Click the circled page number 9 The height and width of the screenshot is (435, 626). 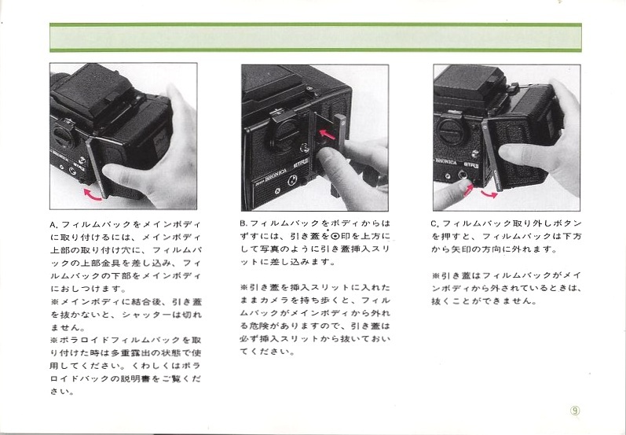tap(575, 411)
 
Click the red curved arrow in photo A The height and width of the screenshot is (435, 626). tap(92, 196)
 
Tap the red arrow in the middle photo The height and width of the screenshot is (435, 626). tap(328, 135)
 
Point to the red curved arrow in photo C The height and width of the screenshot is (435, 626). tap(489, 194)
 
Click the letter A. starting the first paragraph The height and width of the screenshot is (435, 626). tap(54, 225)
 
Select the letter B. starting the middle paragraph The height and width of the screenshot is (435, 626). tap(244, 223)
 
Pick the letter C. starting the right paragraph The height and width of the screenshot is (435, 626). tap(436, 223)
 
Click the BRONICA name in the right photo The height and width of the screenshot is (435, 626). tap(446, 162)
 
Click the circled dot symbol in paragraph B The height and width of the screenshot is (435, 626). tap(335, 236)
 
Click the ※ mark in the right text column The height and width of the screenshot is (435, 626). tap(436, 275)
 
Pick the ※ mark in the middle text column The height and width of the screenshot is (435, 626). tap(244, 287)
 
